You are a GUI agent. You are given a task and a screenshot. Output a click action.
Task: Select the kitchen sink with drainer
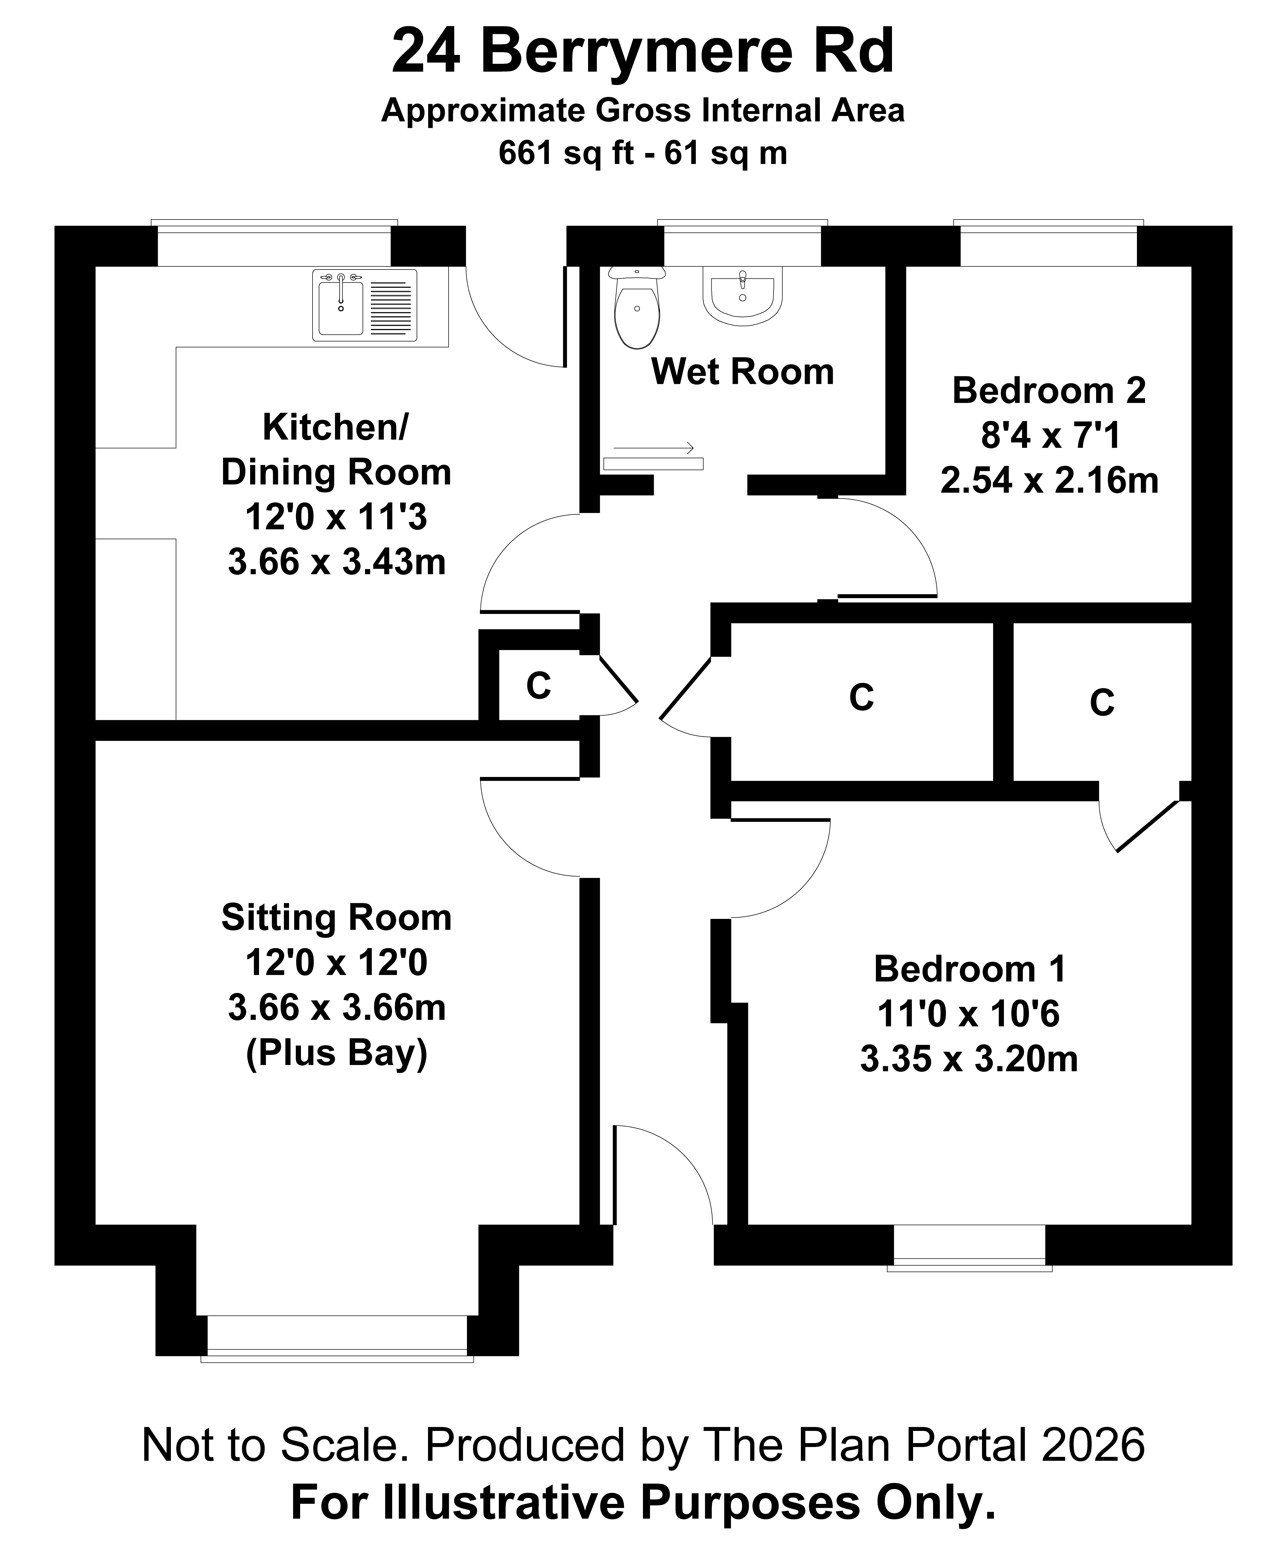click(x=364, y=305)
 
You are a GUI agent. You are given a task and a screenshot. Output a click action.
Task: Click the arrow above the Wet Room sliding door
click(x=653, y=448)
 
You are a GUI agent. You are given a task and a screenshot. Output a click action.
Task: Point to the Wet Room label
click(x=742, y=372)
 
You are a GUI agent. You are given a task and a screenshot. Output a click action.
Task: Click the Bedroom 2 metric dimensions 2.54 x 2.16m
click(x=1049, y=481)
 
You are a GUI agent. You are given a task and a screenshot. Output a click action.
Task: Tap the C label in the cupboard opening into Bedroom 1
click(x=1102, y=703)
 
